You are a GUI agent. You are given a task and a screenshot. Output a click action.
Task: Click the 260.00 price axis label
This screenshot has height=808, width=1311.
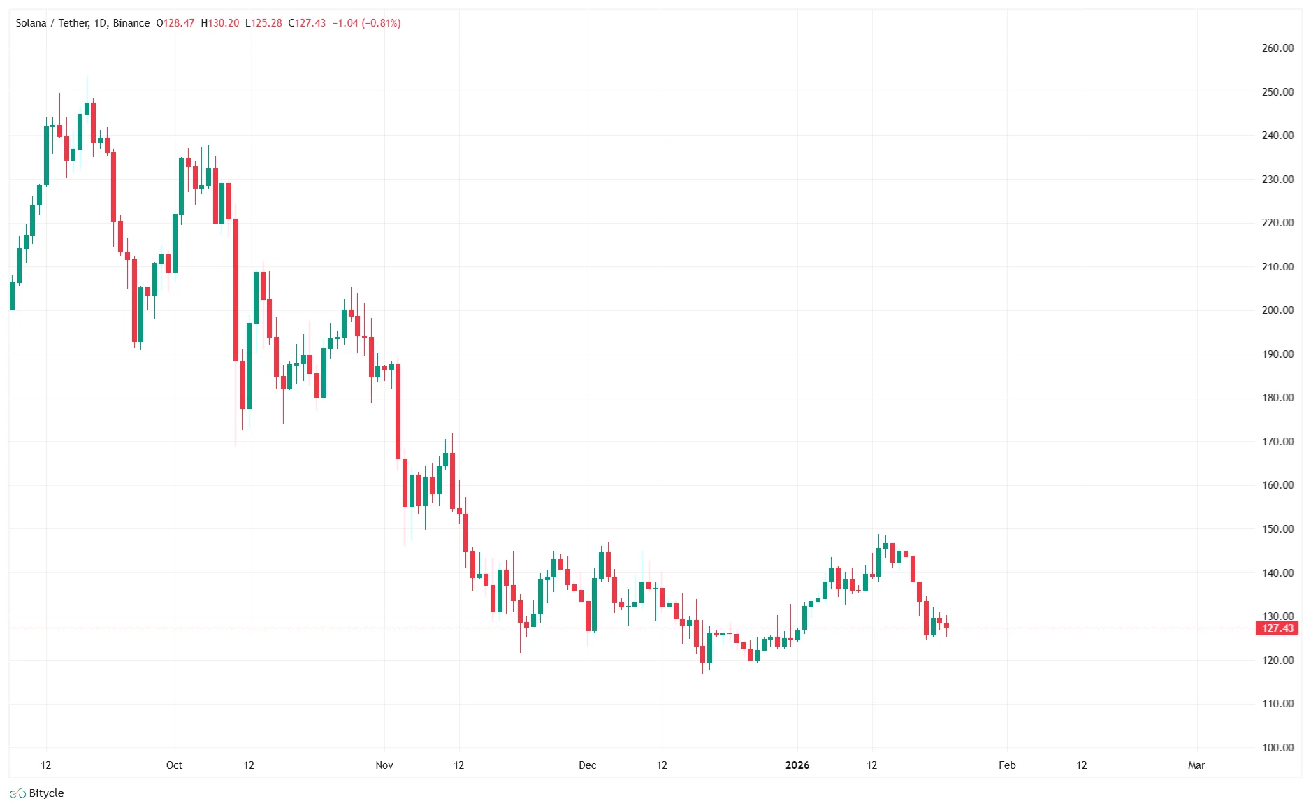pos(1277,48)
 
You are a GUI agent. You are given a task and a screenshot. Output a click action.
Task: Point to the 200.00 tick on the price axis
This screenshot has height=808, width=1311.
pos(1277,310)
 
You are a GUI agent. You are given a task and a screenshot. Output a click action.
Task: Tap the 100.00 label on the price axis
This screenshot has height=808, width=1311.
pos(1277,747)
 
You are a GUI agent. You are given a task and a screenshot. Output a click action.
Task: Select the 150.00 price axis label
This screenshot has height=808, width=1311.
pos(1277,529)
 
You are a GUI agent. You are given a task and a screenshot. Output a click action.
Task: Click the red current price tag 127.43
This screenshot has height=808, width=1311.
pos(1277,628)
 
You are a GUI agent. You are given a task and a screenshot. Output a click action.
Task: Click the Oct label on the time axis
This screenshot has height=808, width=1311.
pos(174,765)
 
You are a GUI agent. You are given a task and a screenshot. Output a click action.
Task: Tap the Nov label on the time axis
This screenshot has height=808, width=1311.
pos(384,765)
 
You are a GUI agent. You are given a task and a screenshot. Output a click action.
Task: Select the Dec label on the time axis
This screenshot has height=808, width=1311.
pos(587,765)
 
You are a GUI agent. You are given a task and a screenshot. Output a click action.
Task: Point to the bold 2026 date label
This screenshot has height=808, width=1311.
pos(797,765)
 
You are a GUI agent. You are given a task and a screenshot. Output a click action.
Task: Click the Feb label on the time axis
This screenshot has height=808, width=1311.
pos(1006,765)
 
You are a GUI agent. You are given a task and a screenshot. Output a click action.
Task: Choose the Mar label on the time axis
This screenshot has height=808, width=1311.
pos(1196,765)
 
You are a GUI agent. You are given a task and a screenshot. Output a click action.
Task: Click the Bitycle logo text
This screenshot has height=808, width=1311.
pos(46,793)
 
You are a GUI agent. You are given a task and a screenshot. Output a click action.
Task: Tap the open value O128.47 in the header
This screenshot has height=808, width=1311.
pos(175,23)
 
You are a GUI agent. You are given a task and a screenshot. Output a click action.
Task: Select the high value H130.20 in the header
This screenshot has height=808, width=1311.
pos(220,23)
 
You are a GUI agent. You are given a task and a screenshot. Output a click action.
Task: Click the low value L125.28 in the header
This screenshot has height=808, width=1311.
pos(263,23)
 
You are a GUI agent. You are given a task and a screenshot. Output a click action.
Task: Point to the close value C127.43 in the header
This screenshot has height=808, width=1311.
pos(307,23)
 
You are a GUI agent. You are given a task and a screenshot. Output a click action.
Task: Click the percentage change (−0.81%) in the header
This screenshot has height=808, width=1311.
pos(381,23)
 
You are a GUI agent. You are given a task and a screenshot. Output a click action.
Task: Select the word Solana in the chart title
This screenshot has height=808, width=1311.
pos(31,23)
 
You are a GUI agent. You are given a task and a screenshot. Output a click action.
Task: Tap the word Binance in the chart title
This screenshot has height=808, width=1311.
pos(131,23)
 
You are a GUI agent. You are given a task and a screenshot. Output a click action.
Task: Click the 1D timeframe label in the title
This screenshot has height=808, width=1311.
pos(101,23)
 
